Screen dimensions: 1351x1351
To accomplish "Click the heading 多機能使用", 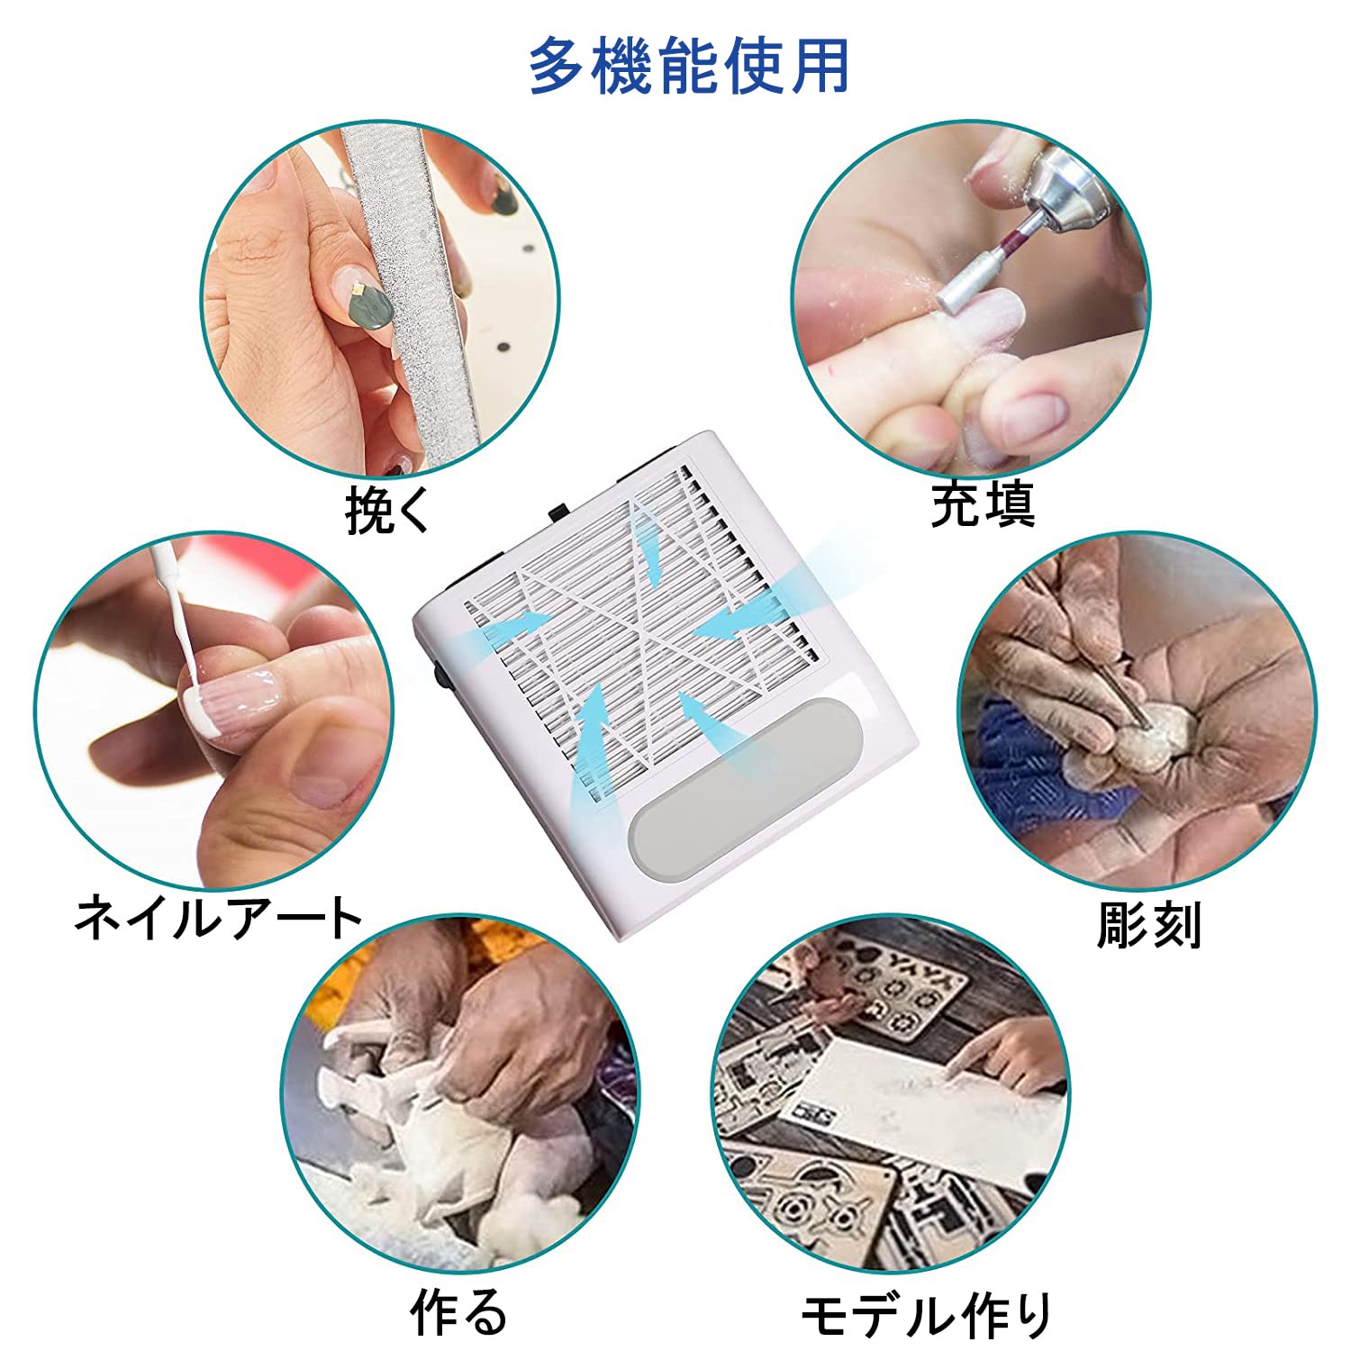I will [688, 67].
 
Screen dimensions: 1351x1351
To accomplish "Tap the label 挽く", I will [389, 511].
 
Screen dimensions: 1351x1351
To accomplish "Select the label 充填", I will [983, 503].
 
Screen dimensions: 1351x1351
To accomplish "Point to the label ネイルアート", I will [217, 917].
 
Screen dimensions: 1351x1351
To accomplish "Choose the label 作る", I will [459, 1310].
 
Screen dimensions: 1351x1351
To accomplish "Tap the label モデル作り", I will [926, 1316].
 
